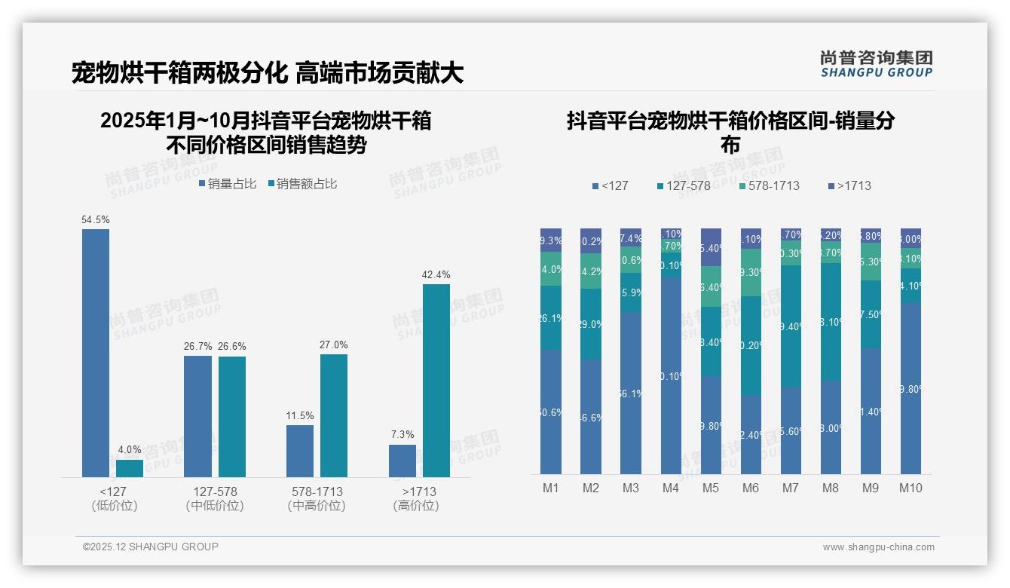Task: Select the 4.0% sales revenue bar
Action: [130, 468]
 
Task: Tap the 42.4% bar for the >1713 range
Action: [436, 381]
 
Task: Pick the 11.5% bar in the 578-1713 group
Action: [300, 451]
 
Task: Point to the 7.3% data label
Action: [402, 435]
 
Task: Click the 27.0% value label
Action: [334, 345]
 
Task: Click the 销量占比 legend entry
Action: [227, 183]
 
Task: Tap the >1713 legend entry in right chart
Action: [849, 185]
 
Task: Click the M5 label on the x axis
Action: [711, 488]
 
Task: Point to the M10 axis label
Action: [911, 488]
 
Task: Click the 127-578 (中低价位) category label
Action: [215, 498]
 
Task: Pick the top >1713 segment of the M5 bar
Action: [711, 247]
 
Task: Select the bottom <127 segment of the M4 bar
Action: [671, 375]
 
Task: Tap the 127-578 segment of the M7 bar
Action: [791, 326]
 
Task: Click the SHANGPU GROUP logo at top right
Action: [876, 64]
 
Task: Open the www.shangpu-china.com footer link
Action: [878, 547]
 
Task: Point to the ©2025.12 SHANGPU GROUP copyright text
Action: [151, 547]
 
